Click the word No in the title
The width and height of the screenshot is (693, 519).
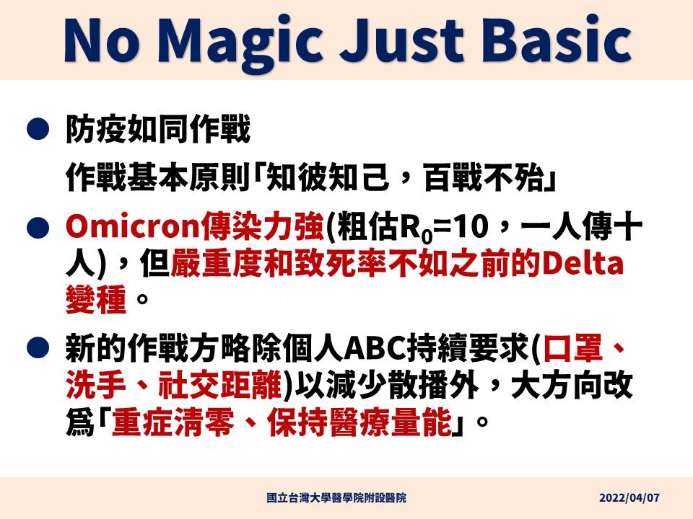[102, 40]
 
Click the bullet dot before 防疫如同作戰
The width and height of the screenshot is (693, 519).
[38, 128]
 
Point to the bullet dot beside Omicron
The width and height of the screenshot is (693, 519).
[38, 228]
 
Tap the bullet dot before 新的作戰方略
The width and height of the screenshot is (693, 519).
[38, 347]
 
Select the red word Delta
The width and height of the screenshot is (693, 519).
[583, 264]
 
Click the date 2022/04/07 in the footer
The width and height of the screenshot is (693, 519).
[629, 498]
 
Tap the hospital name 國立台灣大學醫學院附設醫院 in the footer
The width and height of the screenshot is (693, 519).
[336, 498]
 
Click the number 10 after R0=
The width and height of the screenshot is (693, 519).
[472, 227]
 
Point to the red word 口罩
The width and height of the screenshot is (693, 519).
[573, 348]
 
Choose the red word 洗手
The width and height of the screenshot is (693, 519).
[96, 384]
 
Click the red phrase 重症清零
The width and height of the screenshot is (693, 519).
[173, 422]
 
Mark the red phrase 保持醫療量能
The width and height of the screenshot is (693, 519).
[359, 422]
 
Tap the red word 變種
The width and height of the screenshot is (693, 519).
[96, 300]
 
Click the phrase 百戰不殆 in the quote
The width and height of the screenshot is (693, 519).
[484, 177]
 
